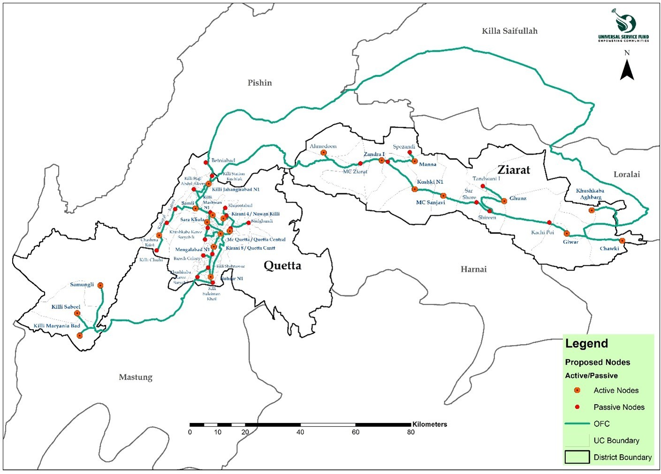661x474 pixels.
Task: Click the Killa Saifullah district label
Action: tap(509, 31)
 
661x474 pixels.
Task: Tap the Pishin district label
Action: tap(259, 83)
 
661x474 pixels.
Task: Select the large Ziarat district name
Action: tap(514, 170)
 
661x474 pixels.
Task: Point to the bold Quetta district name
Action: tap(282, 266)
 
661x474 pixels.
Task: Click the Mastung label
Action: tap(136, 377)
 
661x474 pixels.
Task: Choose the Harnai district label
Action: tap(473, 269)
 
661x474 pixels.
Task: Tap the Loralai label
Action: tap(626, 174)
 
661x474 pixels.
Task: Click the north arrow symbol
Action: tap(627, 69)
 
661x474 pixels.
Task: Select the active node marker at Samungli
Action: tap(100, 285)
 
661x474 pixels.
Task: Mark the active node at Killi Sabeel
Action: tap(77, 313)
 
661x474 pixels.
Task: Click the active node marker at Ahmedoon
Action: tap(323, 153)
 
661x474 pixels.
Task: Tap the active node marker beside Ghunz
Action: tap(504, 201)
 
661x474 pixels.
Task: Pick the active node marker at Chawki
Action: tap(622, 241)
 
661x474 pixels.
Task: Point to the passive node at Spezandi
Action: tap(410, 152)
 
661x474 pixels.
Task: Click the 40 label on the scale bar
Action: tap(300, 432)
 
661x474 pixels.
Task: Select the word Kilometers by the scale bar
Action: tap(429, 424)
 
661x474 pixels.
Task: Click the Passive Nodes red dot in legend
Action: tap(577, 407)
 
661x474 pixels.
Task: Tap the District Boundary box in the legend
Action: tap(577, 457)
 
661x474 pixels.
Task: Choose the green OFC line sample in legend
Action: tap(577, 423)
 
